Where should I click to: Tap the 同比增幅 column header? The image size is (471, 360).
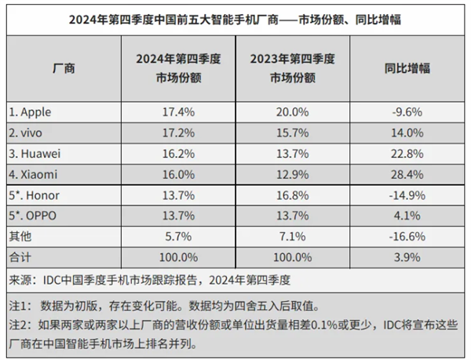[x=407, y=68]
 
